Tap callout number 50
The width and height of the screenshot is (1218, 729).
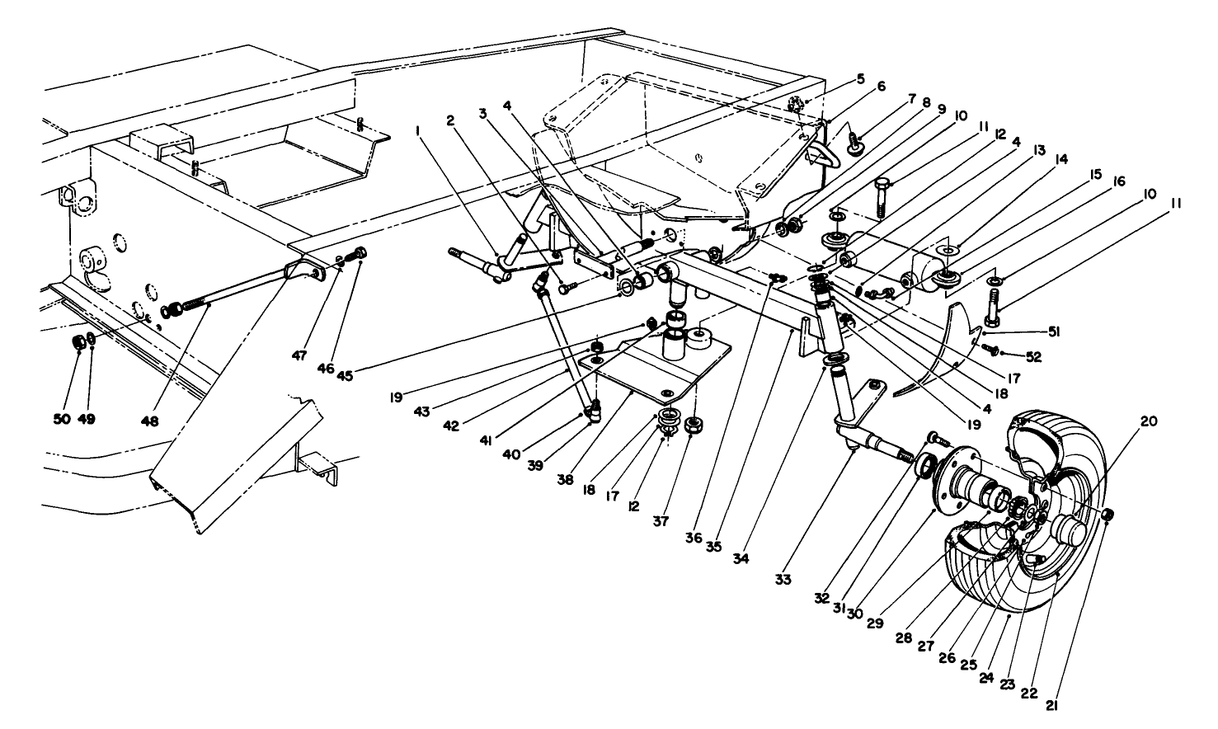62,419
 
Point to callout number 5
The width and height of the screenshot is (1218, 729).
860,79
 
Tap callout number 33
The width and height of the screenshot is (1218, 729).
783,581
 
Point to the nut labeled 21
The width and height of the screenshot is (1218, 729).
1108,515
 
